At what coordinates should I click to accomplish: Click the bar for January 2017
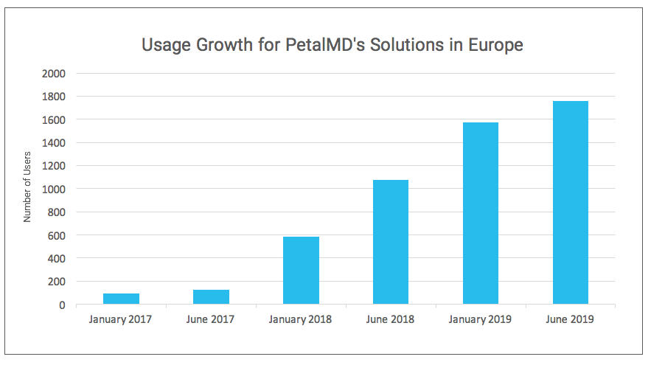coord(121,299)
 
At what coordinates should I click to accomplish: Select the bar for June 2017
coord(211,296)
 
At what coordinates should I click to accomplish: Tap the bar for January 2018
coord(301,270)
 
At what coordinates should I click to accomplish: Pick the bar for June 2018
coord(391,242)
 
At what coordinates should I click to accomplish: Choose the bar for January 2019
coord(481,213)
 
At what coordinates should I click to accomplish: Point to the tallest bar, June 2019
coord(571,203)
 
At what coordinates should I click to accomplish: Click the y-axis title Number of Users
coord(28,189)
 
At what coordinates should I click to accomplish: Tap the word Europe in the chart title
coord(495,45)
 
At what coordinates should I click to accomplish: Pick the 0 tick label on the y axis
coord(62,305)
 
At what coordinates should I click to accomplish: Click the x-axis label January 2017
coord(121,319)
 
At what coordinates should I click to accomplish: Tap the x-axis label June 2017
coord(211,319)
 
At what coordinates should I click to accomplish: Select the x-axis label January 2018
coord(301,319)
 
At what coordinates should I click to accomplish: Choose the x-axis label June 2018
coord(391,319)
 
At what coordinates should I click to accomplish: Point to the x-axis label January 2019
coord(481,319)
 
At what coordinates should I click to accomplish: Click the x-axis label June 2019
coord(571,319)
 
